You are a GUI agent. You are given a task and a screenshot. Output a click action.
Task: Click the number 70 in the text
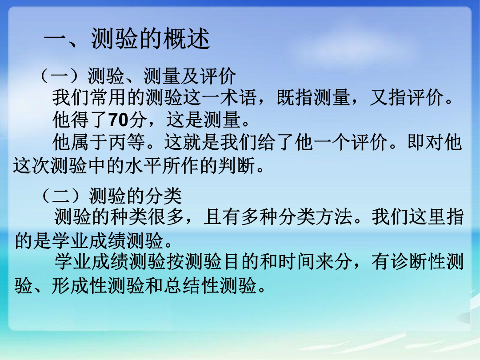[x=118, y=120]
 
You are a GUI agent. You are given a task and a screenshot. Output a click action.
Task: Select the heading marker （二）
[x=61, y=196]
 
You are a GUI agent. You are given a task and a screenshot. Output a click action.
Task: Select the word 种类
[x=129, y=217]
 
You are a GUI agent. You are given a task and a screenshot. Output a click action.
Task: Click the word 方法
[x=334, y=217]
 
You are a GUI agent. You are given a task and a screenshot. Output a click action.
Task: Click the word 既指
[x=295, y=97]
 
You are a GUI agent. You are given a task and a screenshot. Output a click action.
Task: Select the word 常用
[x=109, y=97]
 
